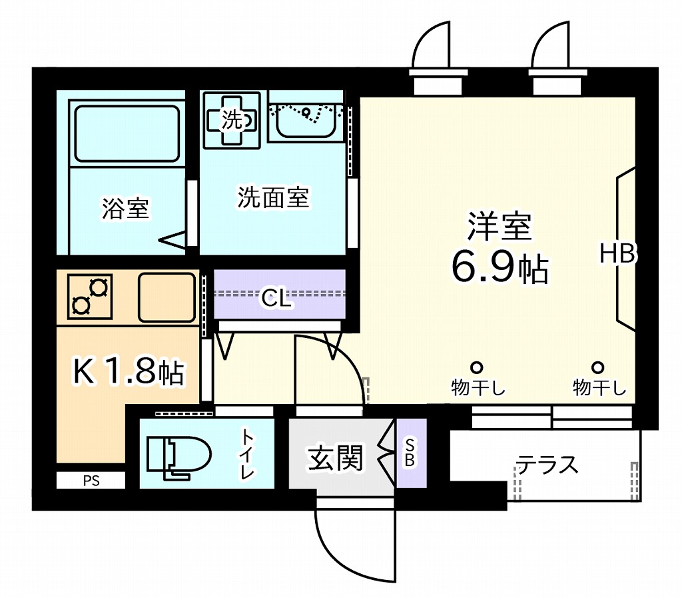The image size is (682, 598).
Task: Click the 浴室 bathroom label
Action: point(125,209)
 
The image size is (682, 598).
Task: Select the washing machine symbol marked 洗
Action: point(232,120)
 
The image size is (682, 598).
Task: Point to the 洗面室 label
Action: point(273,197)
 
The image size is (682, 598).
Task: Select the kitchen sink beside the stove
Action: point(166,297)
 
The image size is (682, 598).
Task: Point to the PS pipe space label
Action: point(91,481)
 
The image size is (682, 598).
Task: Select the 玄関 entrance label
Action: point(336,459)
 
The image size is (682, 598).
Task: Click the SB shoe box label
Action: point(410,453)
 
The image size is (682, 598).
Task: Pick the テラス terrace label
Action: point(547,465)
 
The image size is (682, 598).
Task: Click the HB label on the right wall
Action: point(618,253)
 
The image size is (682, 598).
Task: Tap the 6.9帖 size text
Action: point(500,268)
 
